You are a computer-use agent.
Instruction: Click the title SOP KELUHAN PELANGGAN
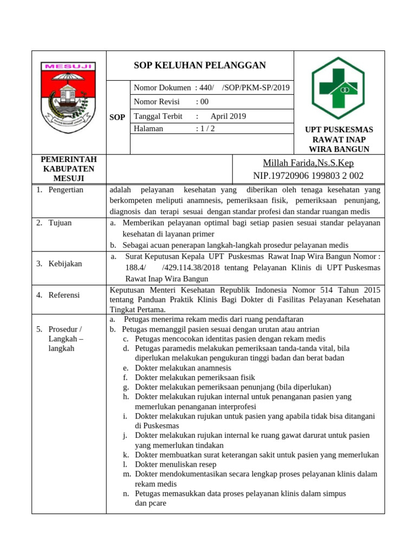tap(200, 66)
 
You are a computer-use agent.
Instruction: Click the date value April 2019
tap(228, 116)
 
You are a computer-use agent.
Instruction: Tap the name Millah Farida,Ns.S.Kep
tap(308, 163)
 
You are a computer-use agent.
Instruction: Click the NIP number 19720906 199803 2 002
tap(308, 176)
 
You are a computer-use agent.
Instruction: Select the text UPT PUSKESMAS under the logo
tap(339, 130)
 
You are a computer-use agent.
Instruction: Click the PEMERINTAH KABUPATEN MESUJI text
tap(69, 169)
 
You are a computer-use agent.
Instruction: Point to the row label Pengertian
tap(66, 190)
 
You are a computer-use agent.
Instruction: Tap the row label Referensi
tap(64, 295)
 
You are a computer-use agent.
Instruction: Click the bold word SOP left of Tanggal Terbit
tap(118, 117)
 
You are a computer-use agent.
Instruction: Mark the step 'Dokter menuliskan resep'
tap(175, 464)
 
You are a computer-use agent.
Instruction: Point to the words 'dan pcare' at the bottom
tap(151, 503)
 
